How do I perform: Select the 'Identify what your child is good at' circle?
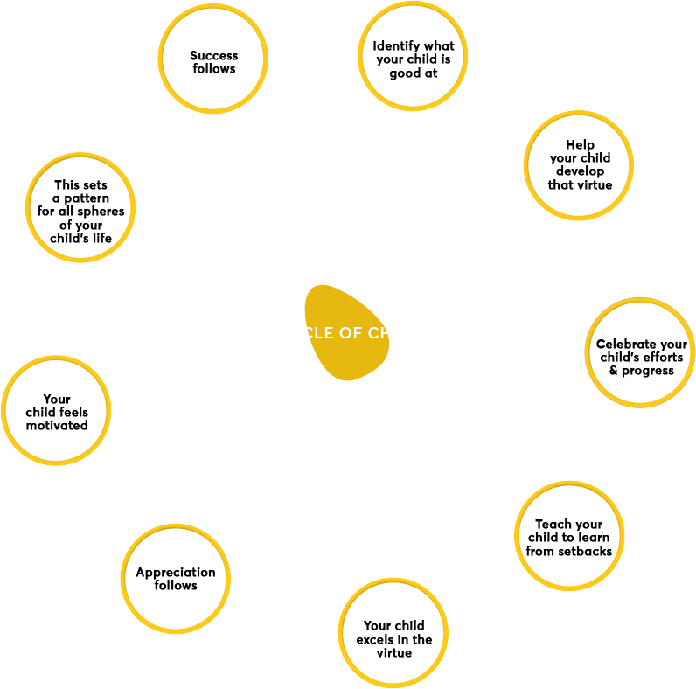tap(413, 59)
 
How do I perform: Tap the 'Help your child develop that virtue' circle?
tap(580, 164)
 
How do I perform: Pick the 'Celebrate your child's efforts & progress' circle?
tap(641, 351)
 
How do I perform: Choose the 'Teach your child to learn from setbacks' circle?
tap(569, 537)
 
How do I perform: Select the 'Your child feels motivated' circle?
tap(57, 411)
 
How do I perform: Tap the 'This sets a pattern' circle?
tap(80, 210)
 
